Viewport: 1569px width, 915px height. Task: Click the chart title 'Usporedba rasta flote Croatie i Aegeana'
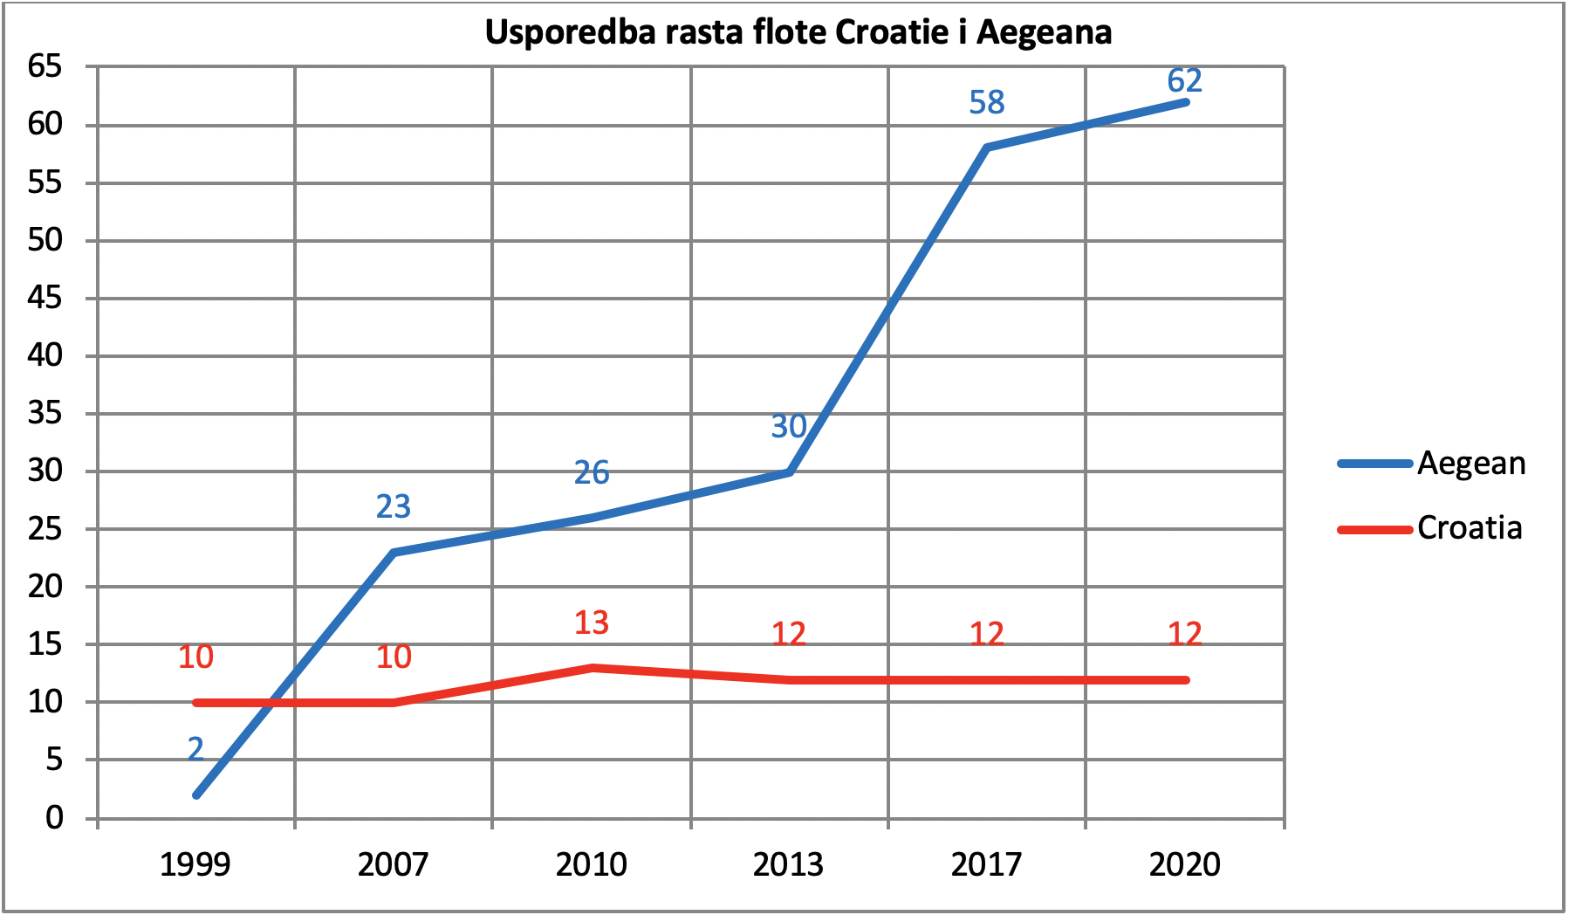tap(798, 32)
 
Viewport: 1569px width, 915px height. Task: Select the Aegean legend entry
tap(1432, 464)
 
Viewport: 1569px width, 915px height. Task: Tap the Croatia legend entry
tap(1430, 528)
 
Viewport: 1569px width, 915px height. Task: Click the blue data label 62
tap(1185, 80)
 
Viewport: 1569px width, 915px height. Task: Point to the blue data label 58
tap(987, 103)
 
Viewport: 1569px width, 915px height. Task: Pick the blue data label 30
tap(789, 426)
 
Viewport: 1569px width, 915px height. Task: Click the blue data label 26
tap(592, 473)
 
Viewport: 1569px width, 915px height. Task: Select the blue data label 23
tap(394, 506)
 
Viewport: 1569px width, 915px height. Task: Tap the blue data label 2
tap(195, 749)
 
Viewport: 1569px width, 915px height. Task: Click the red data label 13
tap(592, 623)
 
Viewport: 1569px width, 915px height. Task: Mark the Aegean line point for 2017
tap(987, 148)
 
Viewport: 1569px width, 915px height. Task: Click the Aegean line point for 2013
tap(789, 472)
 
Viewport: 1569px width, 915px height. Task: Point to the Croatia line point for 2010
tap(592, 668)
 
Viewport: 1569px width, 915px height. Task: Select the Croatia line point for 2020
tap(1185, 680)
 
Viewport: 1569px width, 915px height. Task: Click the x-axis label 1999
tap(195, 865)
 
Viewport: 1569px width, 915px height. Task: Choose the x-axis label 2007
tap(394, 865)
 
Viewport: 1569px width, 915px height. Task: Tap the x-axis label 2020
tap(1185, 865)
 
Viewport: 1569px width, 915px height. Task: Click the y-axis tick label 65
tap(46, 66)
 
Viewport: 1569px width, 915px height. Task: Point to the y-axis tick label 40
tap(46, 355)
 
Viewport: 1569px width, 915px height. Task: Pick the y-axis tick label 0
tap(55, 818)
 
